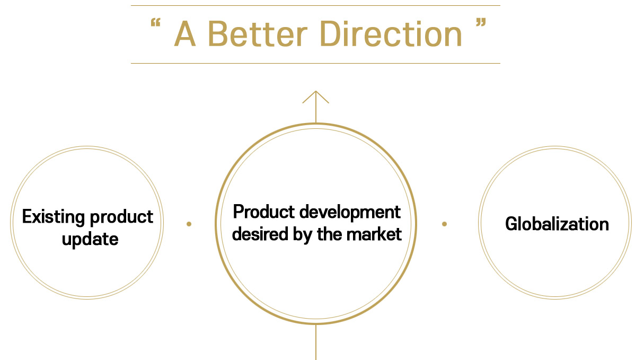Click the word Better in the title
point(258,33)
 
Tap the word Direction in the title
point(391,33)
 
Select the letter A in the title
point(185,33)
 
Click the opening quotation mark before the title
point(155,22)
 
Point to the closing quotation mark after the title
point(481,22)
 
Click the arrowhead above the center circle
point(316,97)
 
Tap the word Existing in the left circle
point(54,217)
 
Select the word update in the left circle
point(90,240)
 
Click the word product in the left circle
point(121,217)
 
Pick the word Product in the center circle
point(264,212)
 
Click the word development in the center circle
point(350,213)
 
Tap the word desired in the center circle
point(260,234)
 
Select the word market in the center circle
point(374,234)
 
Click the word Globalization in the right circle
point(557,224)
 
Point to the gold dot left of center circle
point(189,224)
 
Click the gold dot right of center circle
point(444,224)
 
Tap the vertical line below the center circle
point(316,342)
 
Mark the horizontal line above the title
point(315,5)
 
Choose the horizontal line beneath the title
point(315,63)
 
